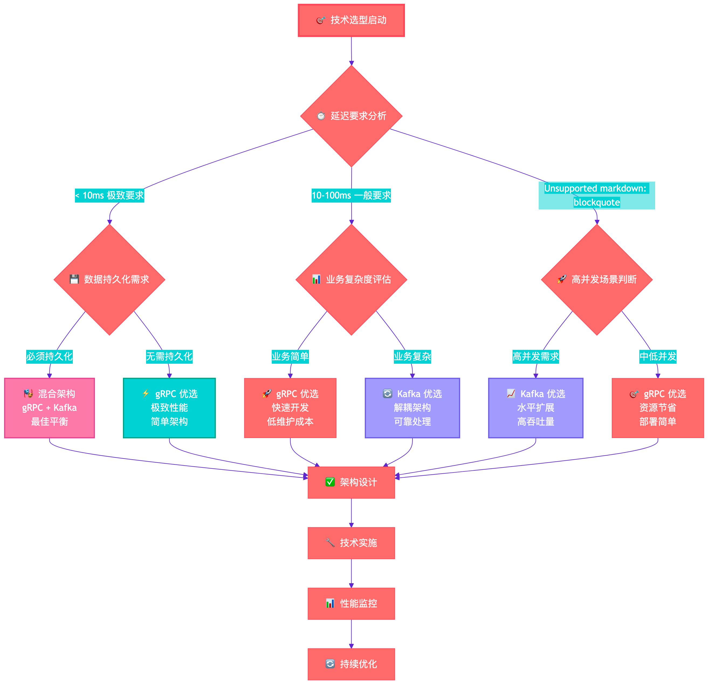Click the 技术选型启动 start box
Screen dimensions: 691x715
point(351,20)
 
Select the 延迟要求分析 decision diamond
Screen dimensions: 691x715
point(351,116)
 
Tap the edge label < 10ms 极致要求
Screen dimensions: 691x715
point(109,195)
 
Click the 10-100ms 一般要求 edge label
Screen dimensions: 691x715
point(351,195)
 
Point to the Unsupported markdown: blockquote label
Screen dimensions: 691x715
point(596,195)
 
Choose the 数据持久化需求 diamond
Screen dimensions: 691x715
point(109,280)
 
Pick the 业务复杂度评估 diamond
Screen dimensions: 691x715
point(351,280)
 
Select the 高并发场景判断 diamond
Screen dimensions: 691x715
point(596,280)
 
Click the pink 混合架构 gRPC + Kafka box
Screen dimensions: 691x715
point(50,408)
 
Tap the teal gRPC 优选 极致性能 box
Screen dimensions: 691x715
point(169,408)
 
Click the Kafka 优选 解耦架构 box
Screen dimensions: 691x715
point(412,408)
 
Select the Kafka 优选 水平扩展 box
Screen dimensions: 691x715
point(535,408)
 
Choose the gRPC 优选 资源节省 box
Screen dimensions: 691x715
point(658,408)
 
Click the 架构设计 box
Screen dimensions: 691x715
point(351,482)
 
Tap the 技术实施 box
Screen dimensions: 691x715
point(351,543)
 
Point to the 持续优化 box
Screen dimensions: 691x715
point(351,664)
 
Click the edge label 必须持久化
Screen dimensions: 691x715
point(50,356)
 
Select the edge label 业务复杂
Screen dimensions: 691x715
point(412,356)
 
